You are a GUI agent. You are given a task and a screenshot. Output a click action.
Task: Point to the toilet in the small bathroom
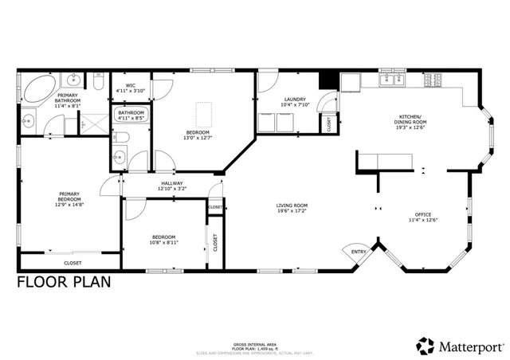coord(119,156)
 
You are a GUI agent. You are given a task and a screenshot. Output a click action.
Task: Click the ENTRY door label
coord(359,252)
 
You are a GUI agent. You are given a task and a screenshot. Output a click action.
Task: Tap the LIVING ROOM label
coord(292,205)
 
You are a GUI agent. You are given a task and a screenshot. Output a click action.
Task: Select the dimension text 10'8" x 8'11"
coord(163,242)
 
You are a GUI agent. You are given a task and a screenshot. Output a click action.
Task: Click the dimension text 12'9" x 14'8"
coord(69,203)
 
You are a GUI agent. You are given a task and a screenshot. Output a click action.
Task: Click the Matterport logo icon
coord(425,346)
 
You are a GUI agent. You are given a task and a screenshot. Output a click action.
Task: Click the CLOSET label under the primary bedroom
coord(73,261)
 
